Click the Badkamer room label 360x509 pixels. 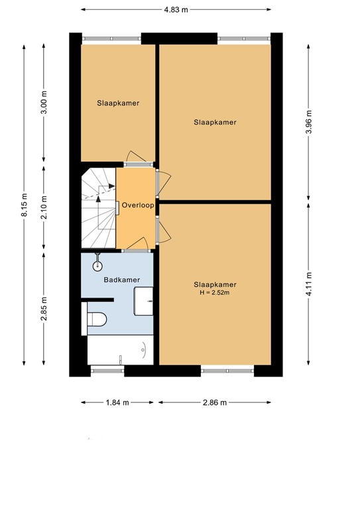pyautogui.click(x=122, y=280)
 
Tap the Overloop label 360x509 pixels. pyautogui.click(x=138, y=205)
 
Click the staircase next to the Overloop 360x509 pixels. pyautogui.click(x=98, y=207)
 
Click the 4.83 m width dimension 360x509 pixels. pyautogui.click(x=176, y=10)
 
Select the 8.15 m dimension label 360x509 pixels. pyautogui.click(x=25, y=205)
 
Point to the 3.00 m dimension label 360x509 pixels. pyautogui.click(x=44, y=106)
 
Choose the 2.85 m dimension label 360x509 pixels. pyautogui.click(x=44, y=308)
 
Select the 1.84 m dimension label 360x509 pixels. pyautogui.click(x=117, y=402)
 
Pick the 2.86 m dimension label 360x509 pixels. pyautogui.click(x=215, y=402)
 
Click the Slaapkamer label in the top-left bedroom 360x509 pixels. pyautogui.click(x=118, y=103)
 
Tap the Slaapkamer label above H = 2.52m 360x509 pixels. pyautogui.click(x=215, y=284)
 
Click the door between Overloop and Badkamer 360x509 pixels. pyautogui.click(x=135, y=251)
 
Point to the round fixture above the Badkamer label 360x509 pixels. pyautogui.click(x=97, y=266)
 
